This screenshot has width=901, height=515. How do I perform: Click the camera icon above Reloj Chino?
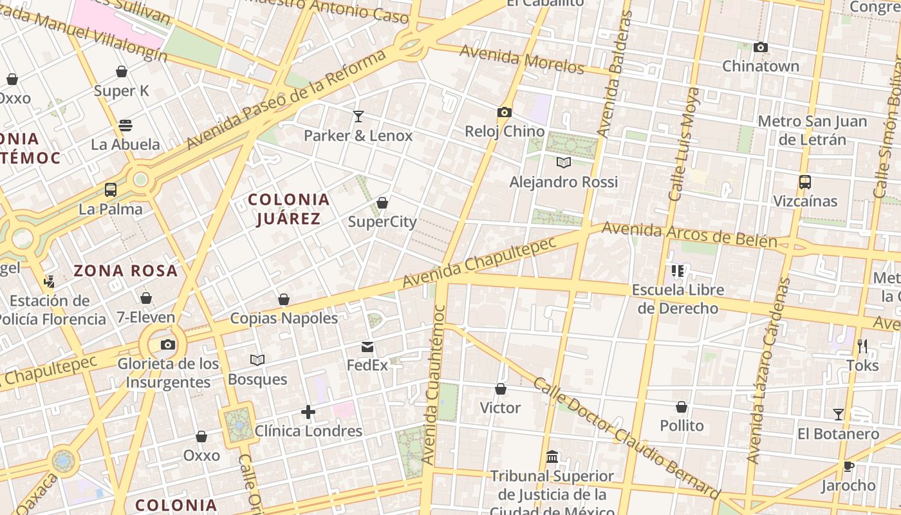[x=504, y=113]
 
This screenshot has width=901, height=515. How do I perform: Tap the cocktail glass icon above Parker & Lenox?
[x=358, y=117]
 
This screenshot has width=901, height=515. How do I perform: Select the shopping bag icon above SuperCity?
[x=382, y=203]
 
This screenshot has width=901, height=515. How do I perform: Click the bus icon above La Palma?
[x=111, y=190]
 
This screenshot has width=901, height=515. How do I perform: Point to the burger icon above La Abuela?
[x=125, y=126]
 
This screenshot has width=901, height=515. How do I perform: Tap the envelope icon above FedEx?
[x=367, y=348]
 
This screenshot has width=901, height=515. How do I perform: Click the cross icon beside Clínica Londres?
[x=308, y=412]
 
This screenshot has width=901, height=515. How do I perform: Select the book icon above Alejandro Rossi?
[x=564, y=163]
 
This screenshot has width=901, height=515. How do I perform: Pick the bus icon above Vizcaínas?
[x=805, y=182]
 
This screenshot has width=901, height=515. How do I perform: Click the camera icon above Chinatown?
[x=761, y=48]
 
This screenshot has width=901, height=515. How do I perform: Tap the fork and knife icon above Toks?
[x=862, y=346]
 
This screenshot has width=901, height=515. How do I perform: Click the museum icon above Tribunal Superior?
[x=552, y=457]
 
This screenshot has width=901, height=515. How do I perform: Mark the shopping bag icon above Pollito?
[x=682, y=407]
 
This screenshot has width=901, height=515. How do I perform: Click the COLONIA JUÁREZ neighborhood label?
[x=289, y=209]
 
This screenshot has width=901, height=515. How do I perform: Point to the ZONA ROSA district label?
[x=125, y=270]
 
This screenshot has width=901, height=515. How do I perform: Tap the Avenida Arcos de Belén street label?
[x=689, y=235]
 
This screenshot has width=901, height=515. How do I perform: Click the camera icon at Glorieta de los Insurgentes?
[x=168, y=345]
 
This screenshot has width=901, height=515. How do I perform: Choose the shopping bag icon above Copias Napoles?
[x=284, y=299]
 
